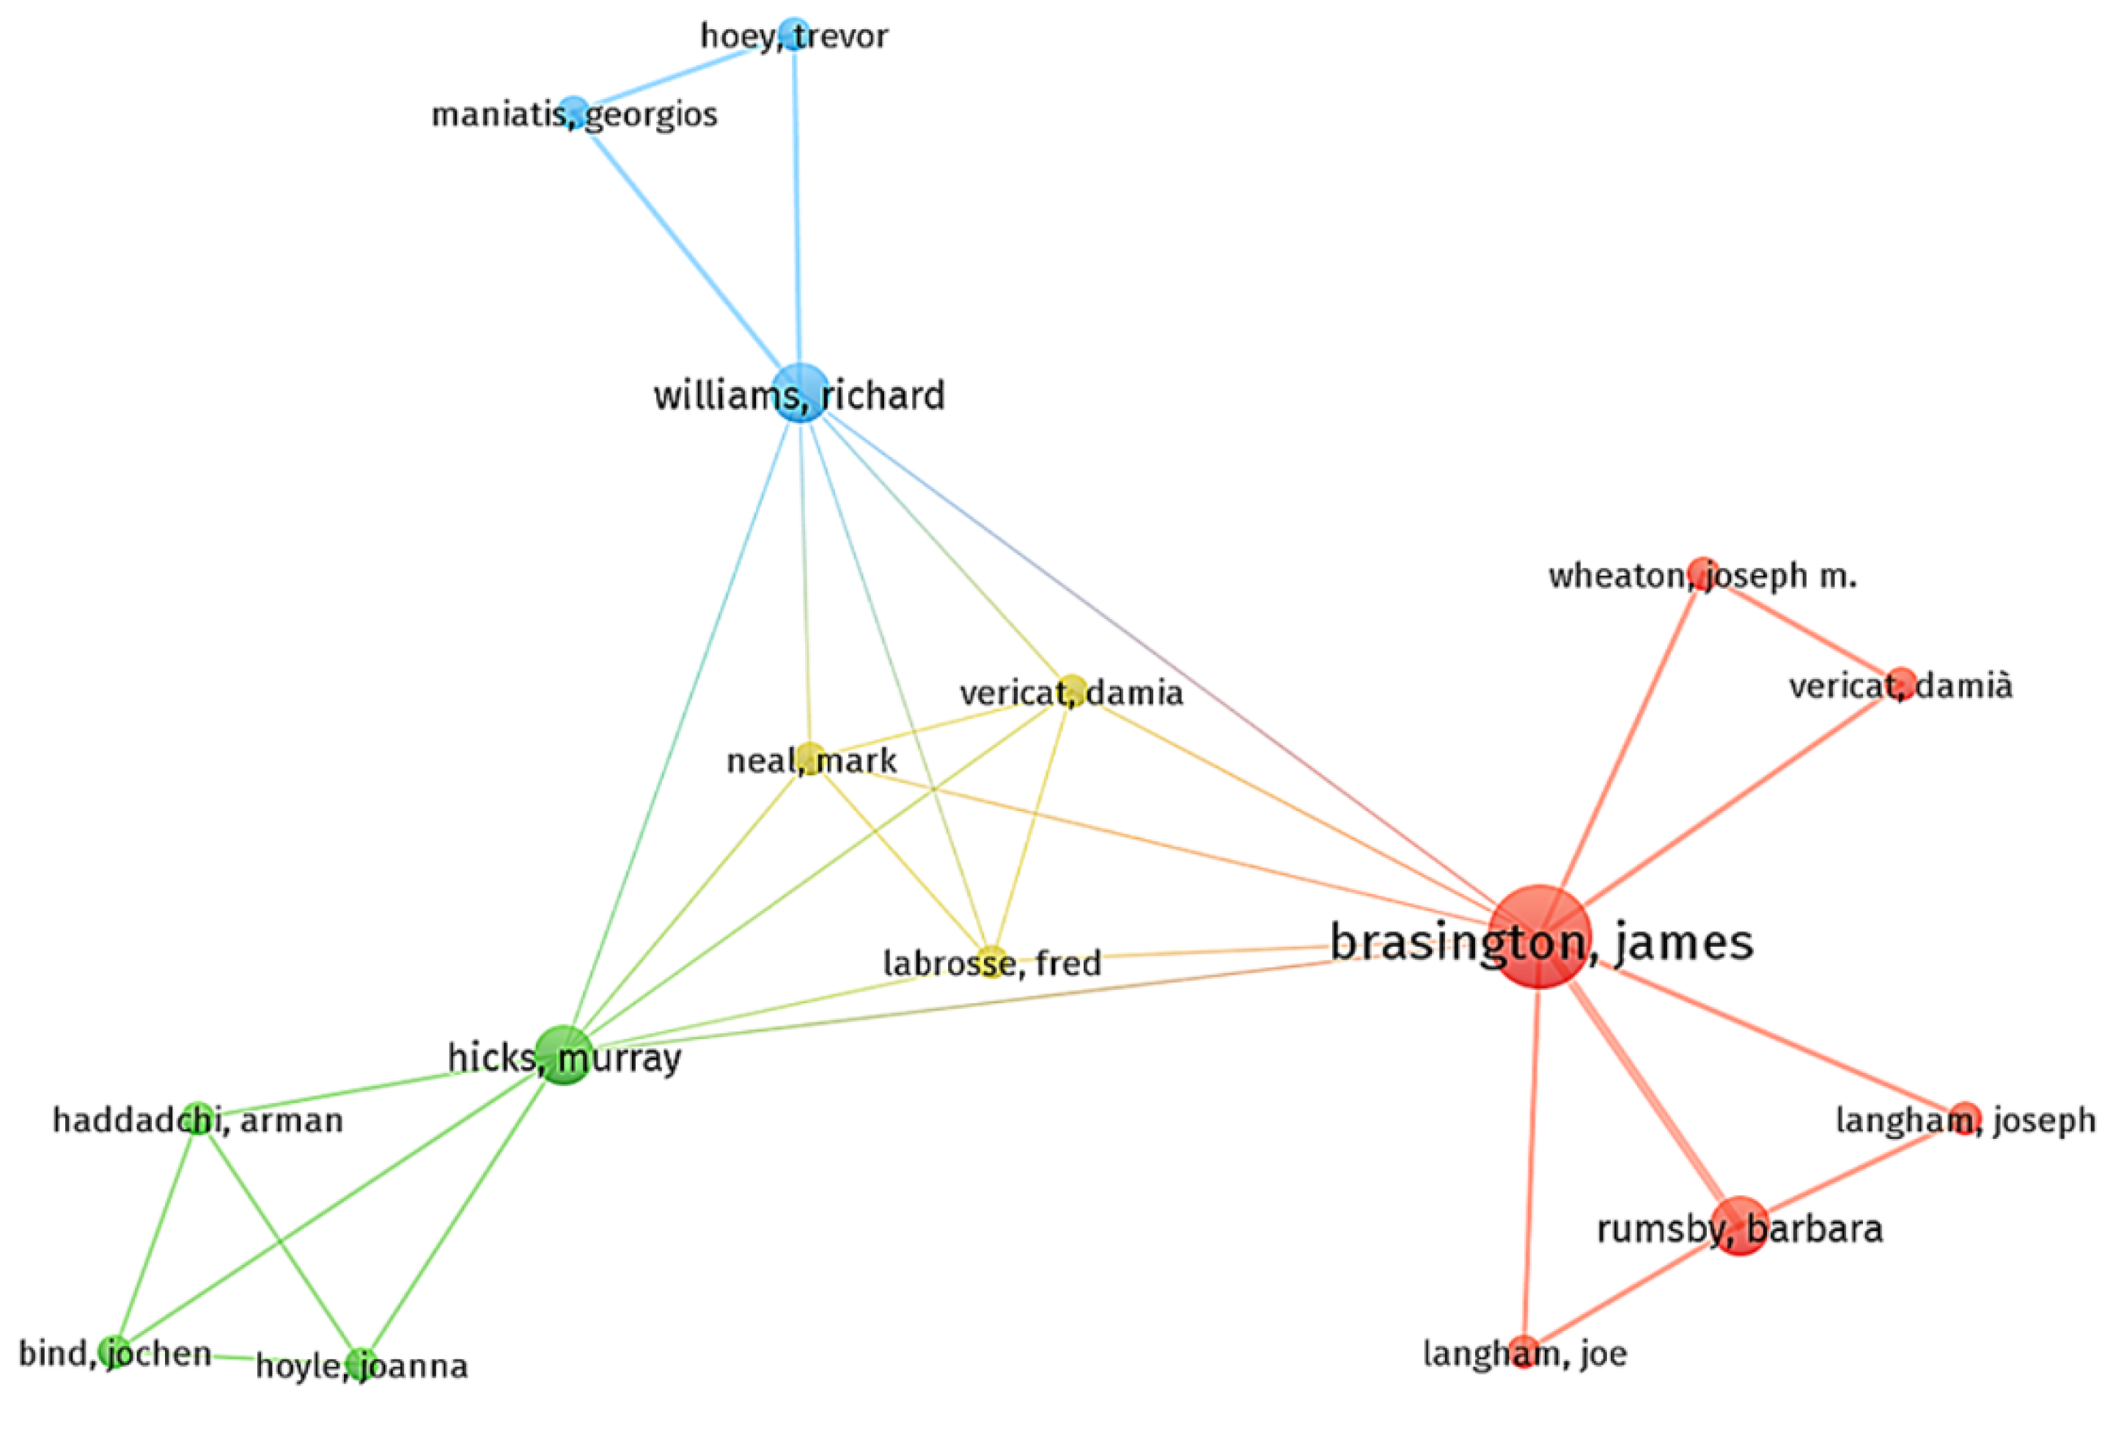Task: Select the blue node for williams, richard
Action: (x=801, y=392)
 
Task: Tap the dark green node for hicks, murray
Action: (x=564, y=1055)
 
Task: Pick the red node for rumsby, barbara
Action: (x=1739, y=1225)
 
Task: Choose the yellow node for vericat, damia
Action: (x=1073, y=689)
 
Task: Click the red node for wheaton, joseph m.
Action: (x=1699, y=572)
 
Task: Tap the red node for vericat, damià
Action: (x=1901, y=682)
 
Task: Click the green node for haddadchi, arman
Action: (x=197, y=1117)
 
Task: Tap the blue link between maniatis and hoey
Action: (x=682, y=73)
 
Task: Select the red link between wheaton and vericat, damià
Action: (x=1801, y=628)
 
